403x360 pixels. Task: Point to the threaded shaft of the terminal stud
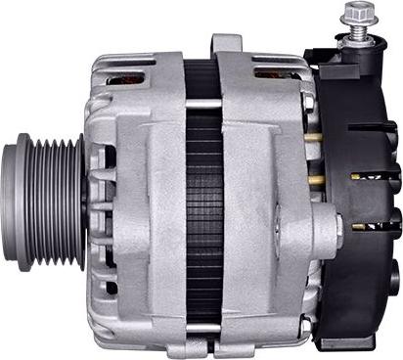coord(353,32)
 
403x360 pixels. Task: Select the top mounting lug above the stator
coord(227,44)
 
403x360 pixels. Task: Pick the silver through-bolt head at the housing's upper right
coord(309,101)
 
